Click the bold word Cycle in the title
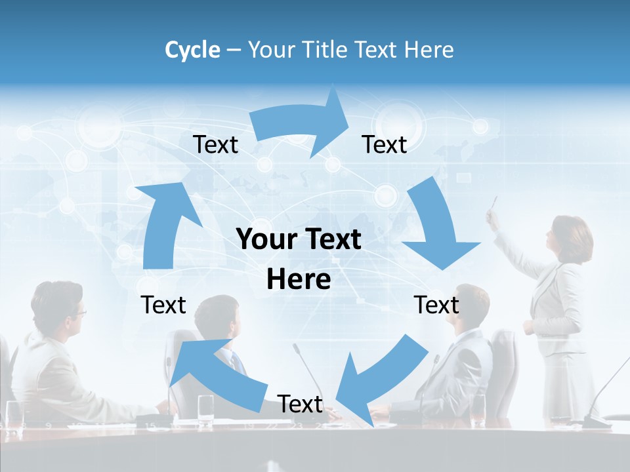[x=192, y=50]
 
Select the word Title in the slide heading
[x=326, y=50]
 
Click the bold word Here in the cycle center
[x=299, y=280]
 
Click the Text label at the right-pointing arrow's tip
[x=385, y=144]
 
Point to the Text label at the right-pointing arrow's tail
[x=215, y=144]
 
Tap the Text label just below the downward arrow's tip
[x=436, y=305]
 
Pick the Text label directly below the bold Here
[x=300, y=404]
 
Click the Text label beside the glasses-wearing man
[x=163, y=305]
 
